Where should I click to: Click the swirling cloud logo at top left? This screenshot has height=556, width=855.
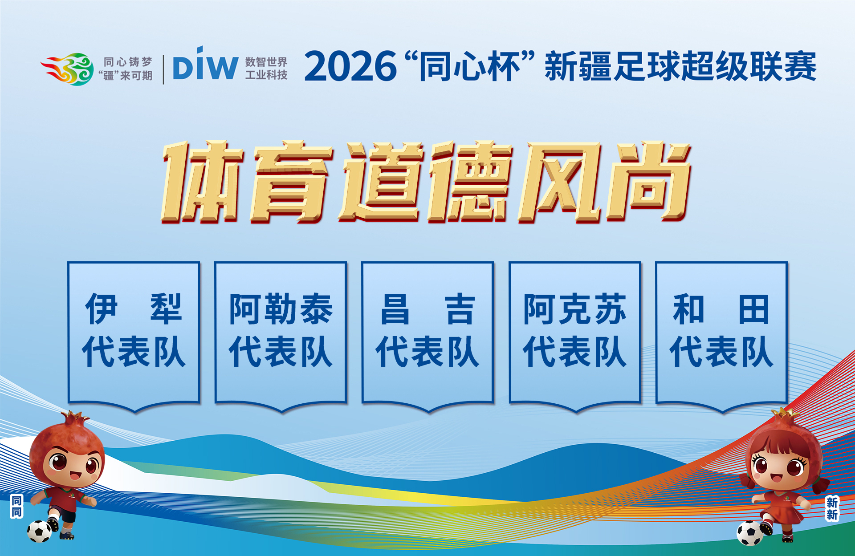click(68, 69)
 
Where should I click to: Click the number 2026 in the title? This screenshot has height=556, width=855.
click(350, 66)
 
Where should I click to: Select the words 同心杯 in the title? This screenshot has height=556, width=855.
click(470, 66)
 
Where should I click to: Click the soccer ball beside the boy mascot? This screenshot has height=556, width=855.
click(40, 532)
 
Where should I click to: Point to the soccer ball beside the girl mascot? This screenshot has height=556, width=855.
click(750, 533)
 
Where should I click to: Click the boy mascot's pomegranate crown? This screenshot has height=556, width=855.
click(75, 418)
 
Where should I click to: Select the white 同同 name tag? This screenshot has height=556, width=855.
click(16, 507)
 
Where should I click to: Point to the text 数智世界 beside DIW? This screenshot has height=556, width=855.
click(266, 62)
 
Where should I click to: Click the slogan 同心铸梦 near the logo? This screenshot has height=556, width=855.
click(128, 62)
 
